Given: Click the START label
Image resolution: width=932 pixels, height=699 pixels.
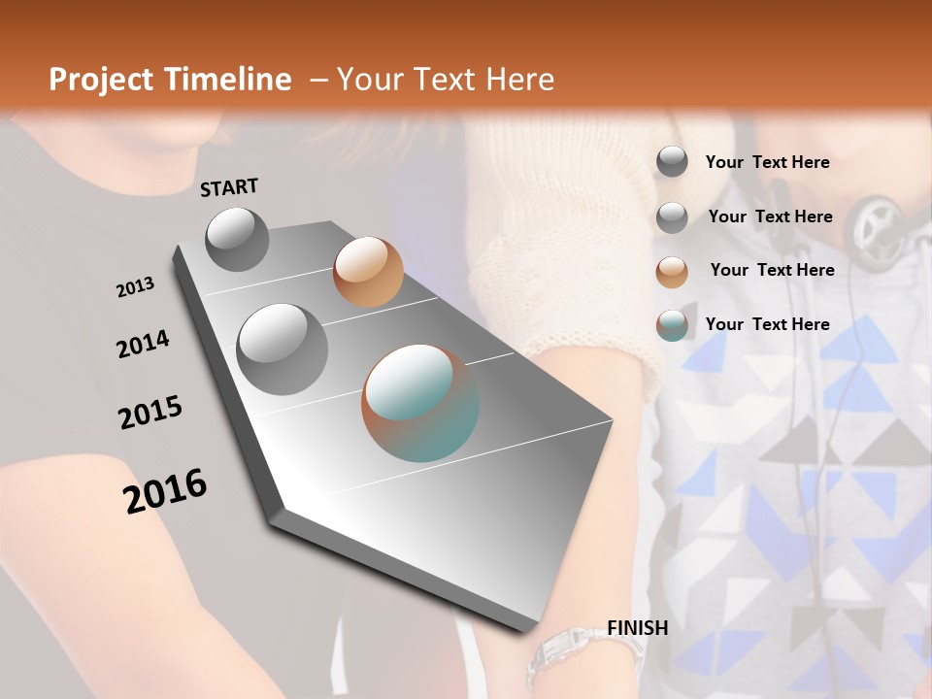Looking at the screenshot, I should pyautogui.click(x=229, y=187).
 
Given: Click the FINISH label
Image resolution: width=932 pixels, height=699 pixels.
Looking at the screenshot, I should pyautogui.click(x=637, y=627).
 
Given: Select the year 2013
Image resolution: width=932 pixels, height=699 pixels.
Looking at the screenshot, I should pyautogui.click(x=135, y=287).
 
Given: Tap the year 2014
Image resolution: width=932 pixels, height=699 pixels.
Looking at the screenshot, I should pyautogui.click(x=143, y=345).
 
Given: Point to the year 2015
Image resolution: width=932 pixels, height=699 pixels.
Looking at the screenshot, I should pyautogui.click(x=150, y=412).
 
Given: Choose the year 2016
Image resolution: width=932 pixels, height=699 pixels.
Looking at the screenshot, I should pyautogui.click(x=165, y=490).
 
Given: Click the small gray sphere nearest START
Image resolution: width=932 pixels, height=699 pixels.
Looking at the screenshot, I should pyautogui.click(x=237, y=239).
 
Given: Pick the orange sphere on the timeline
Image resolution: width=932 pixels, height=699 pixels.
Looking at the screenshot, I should pyautogui.click(x=368, y=272).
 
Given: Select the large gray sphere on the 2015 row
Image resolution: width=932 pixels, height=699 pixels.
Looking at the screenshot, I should pyautogui.click(x=282, y=349).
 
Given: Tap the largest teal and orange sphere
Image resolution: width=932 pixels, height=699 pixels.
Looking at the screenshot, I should pyautogui.click(x=420, y=402).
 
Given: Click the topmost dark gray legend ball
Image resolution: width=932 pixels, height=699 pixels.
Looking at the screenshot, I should pyautogui.click(x=672, y=161).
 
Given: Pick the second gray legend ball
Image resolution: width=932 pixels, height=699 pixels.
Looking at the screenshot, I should pyautogui.click(x=672, y=217).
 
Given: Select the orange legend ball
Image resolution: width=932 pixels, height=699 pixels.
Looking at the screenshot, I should pyautogui.click(x=672, y=272).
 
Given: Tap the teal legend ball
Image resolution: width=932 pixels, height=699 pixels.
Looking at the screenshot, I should pyautogui.click(x=672, y=326).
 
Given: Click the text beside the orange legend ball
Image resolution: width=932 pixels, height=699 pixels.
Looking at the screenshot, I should pyautogui.click(x=772, y=270).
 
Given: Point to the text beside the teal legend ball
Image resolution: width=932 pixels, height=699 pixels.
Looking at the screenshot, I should pyautogui.click(x=767, y=324).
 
